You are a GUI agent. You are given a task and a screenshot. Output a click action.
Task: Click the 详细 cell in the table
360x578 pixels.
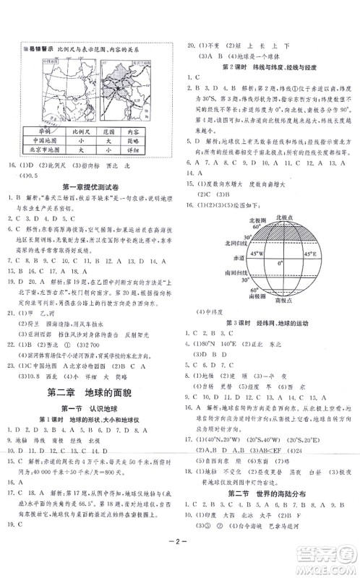(145, 162)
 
